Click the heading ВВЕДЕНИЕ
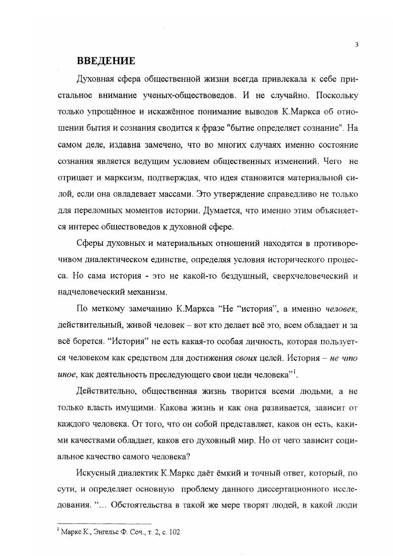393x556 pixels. pyautogui.click(x=106, y=61)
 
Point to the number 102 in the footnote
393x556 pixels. pyautogui.click(x=174, y=532)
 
